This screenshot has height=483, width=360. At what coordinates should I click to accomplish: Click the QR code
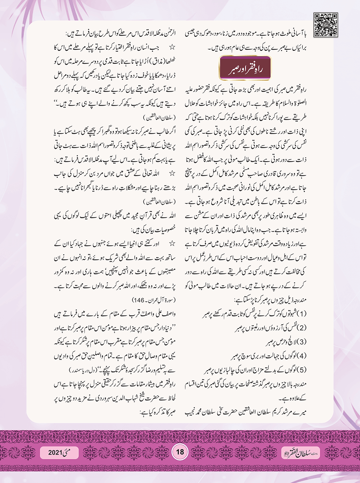point(326,25)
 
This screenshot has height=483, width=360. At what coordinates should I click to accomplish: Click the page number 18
point(180,451)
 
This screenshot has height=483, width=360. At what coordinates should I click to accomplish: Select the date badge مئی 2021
point(59,452)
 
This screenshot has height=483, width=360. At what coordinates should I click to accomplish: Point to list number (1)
point(300,313)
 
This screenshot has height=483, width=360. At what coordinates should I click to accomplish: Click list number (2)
point(300,327)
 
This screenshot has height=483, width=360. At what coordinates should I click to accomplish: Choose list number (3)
point(300,341)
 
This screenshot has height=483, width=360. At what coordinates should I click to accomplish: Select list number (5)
point(300,370)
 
